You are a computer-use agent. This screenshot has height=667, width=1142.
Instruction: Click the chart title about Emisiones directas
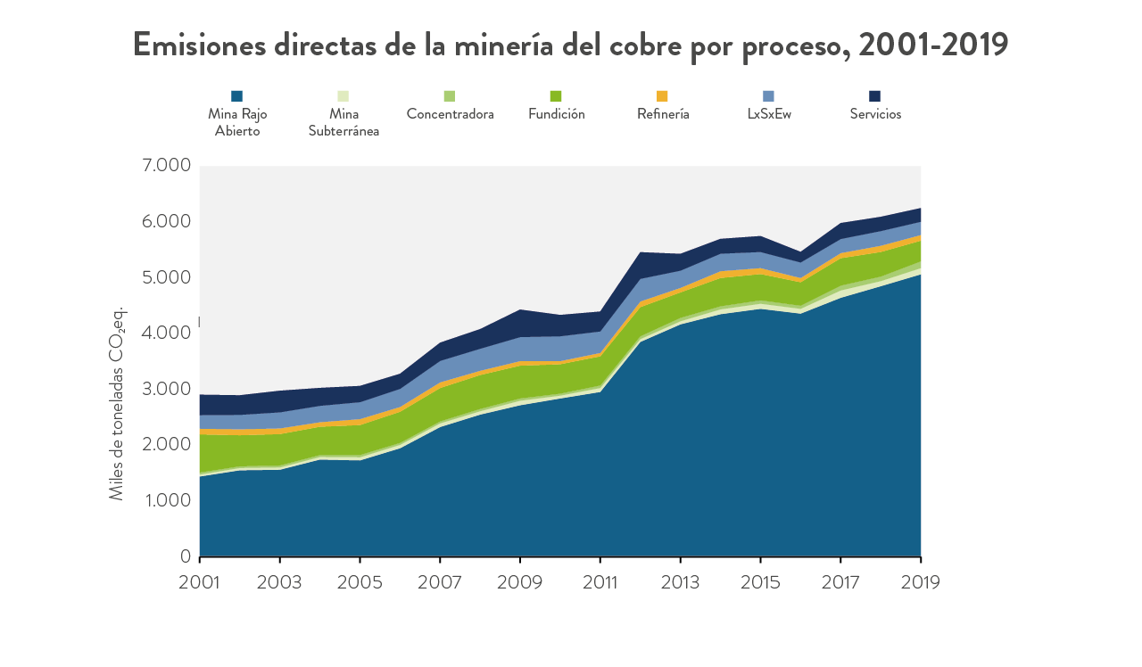click(x=570, y=45)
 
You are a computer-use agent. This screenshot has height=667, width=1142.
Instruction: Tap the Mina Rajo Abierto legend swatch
click(x=236, y=95)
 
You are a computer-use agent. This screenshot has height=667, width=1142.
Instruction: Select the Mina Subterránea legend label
click(x=343, y=122)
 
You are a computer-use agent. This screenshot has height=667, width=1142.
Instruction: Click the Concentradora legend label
click(x=450, y=114)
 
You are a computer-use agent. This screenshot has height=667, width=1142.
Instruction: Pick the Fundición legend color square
click(x=556, y=95)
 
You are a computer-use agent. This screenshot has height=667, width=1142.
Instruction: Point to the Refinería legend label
click(x=663, y=114)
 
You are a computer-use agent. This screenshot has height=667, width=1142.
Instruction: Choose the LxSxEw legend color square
click(x=769, y=95)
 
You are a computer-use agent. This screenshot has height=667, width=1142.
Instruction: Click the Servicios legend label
click(x=875, y=114)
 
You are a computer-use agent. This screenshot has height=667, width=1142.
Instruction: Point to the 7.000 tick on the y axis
click(x=167, y=165)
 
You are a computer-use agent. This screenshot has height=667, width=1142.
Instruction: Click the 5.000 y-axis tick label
click(x=167, y=276)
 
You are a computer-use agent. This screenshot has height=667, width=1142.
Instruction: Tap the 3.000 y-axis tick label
click(x=167, y=389)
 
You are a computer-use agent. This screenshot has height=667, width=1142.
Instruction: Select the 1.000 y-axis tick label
click(x=167, y=500)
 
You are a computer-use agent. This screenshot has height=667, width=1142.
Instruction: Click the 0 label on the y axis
click(x=186, y=556)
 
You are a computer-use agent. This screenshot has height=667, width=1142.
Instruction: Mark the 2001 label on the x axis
click(x=199, y=581)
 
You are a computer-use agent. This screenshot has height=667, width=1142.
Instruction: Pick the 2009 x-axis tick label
click(x=520, y=581)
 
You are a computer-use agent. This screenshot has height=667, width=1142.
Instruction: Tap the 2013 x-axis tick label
click(x=681, y=581)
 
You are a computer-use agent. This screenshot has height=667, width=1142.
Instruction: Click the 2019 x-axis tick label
click(x=920, y=581)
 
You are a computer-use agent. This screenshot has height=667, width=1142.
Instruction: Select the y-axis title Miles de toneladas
click(x=117, y=404)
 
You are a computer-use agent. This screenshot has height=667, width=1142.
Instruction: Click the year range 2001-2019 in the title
click(x=933, y=45)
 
